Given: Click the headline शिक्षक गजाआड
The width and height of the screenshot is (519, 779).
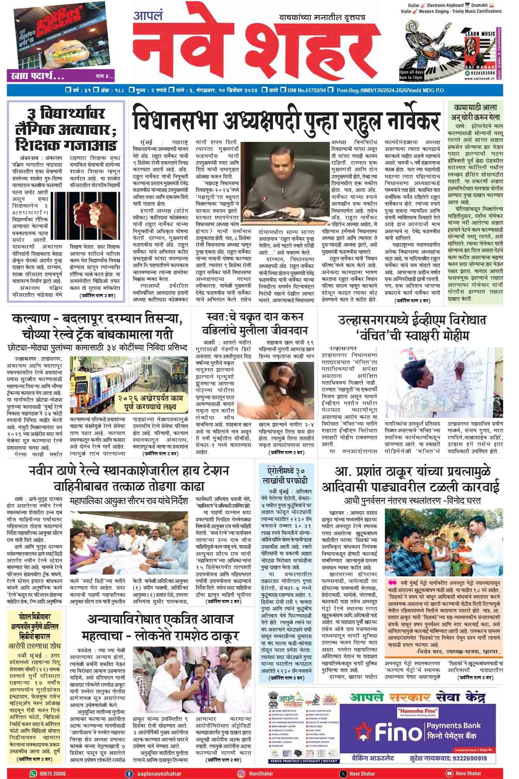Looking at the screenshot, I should (66, 145).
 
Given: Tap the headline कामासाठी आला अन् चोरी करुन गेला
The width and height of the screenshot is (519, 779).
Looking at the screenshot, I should (475, 112).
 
